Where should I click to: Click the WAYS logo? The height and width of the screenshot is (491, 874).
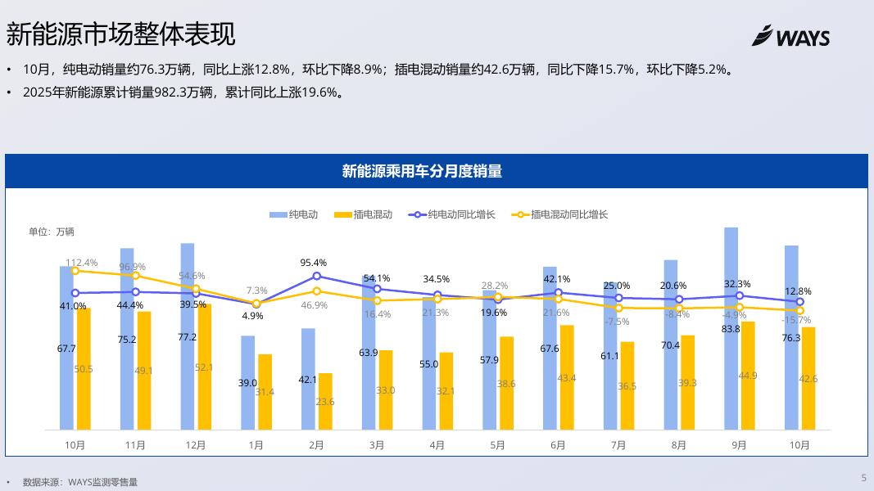(790, 37)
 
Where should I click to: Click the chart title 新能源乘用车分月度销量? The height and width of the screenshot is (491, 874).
(422, 171)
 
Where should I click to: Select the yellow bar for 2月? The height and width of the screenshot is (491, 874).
(325, 401)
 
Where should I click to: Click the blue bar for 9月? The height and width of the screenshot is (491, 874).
(731, 327)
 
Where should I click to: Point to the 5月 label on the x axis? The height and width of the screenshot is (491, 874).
(497, 445)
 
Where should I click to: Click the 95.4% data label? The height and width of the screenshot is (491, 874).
(313, 263)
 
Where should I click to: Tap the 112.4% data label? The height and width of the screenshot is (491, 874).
(82, 263)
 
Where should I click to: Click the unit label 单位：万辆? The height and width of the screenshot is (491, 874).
(52, 232)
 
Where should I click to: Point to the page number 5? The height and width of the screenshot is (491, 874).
(863, 478)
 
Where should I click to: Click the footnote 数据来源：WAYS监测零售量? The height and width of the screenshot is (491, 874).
(80, 482)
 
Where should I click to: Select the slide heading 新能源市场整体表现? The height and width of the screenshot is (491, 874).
(120, 34)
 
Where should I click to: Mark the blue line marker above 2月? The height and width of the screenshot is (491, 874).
(317, 277)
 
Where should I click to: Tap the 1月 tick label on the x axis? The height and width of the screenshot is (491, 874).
(256, 445)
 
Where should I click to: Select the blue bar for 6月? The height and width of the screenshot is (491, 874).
(550, 348)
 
